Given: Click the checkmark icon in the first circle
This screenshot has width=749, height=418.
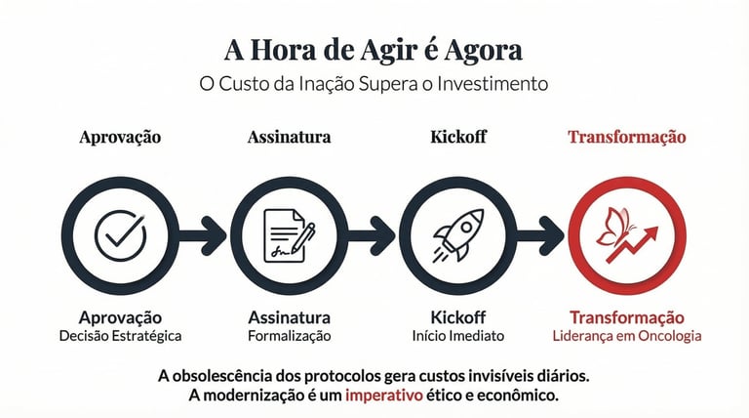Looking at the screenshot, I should point(121,235).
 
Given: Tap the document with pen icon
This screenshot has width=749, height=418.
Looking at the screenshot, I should point(290,235).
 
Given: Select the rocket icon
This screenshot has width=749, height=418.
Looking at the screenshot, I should point(458,234).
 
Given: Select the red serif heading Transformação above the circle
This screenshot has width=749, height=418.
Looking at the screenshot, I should point(627,137).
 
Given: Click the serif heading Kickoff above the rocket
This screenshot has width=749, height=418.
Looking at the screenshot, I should point(458,137).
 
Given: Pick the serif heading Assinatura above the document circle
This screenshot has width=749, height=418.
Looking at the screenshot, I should point(289,137).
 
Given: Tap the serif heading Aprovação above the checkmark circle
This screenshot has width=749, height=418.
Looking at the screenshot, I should point(120,137).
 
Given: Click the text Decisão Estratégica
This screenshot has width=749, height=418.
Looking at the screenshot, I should point(120,336).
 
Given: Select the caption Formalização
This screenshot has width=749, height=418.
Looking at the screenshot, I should point(289,336).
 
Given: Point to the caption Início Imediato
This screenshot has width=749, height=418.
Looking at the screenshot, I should point(458,336).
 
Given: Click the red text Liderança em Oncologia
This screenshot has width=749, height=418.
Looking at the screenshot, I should point(627,336).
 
